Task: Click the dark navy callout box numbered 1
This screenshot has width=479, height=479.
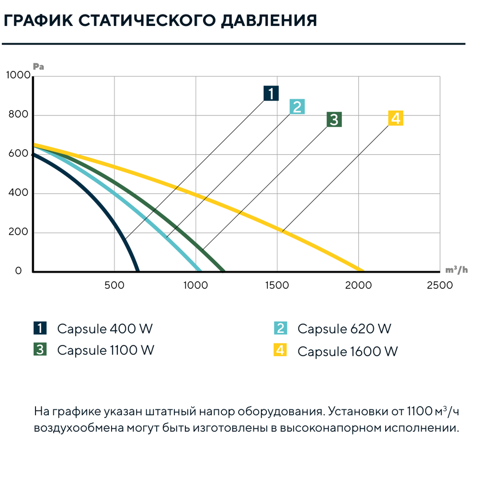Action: point(271,93)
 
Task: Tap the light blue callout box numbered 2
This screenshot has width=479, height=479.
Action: point(297,106)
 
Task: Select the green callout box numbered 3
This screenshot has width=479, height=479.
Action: point(334,119)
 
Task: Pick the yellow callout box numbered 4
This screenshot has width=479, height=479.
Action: point(396,118)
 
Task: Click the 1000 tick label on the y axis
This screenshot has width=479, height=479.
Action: point(18,75)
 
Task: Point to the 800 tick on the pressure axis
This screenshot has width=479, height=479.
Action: point(18,114)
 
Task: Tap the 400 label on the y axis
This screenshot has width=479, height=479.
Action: point(18,193)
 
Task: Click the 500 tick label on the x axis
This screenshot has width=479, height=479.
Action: point(114,285)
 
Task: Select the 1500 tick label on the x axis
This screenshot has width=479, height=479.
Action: point(277,285)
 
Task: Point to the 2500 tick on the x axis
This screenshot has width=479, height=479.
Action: point(440,285)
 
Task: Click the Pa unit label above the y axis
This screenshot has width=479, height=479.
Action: point(38,67)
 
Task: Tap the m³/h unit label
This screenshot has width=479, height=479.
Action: point(456,269)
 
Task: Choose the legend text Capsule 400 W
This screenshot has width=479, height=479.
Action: point(105,329)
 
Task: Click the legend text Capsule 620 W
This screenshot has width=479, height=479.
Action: point(344,329)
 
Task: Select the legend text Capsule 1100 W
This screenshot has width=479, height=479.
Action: point(106,350)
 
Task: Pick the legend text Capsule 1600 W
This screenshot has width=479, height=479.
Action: point(348,351)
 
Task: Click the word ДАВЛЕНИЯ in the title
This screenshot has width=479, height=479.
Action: point(269,21)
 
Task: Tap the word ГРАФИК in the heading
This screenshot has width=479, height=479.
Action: point(38,21)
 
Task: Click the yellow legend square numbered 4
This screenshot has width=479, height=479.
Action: point(280,350)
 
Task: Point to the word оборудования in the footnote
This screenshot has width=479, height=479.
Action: point(280,411)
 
